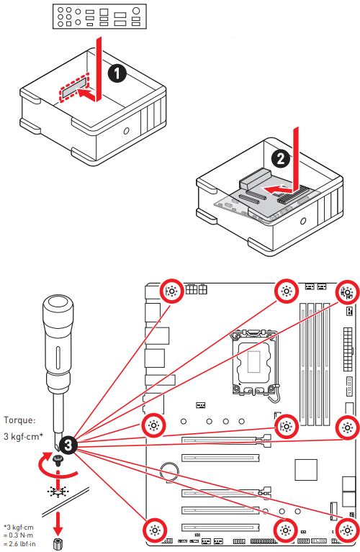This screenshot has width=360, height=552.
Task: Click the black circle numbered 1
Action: click(114, 73)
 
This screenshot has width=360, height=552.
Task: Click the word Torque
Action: click(19, 420)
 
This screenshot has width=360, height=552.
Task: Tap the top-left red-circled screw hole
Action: click(171, 291)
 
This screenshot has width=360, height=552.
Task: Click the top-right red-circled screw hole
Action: click(346, 291)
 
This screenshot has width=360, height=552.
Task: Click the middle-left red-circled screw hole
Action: click(153, 425)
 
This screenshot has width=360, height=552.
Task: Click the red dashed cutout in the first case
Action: click(74, 89)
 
